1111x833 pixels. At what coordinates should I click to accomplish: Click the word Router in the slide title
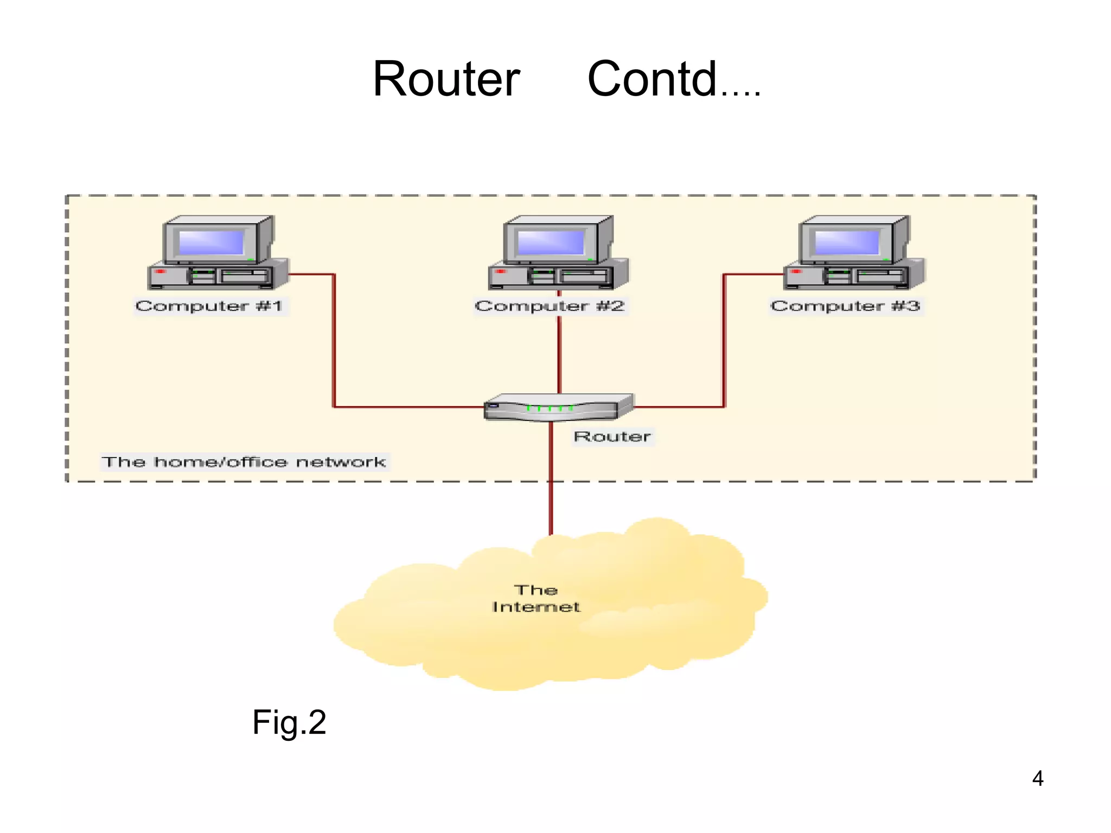(x=446, y=80)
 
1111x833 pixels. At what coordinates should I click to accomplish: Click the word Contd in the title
(x=652, y=80)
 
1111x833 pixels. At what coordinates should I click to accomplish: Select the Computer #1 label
(x=209, y=306)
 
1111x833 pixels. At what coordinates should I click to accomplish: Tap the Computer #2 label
(x=550, y=306)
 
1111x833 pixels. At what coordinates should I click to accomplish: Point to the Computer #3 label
(x=845, y=306)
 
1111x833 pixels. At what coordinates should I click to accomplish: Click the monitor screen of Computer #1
(x=212, y=242)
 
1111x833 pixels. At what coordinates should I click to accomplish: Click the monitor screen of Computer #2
(x=551, y=242)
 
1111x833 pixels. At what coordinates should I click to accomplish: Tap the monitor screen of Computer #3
(x=846, y=242)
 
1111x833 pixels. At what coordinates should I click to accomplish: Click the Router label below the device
(x=612, y=437)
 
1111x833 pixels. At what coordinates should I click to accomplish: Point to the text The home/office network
(x=244, y=462)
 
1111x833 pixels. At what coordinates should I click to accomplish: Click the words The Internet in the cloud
(x=536, y=598)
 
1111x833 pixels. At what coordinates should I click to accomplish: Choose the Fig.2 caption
(x=289, y=722)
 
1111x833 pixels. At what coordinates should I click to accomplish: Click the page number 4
(x=1037, y=779)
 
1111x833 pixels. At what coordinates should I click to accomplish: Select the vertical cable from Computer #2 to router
(x=559, y=353)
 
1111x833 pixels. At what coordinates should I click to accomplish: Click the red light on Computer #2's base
(x=500, y=271)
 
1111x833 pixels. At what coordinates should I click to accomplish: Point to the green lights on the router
(x=549, y=408)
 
